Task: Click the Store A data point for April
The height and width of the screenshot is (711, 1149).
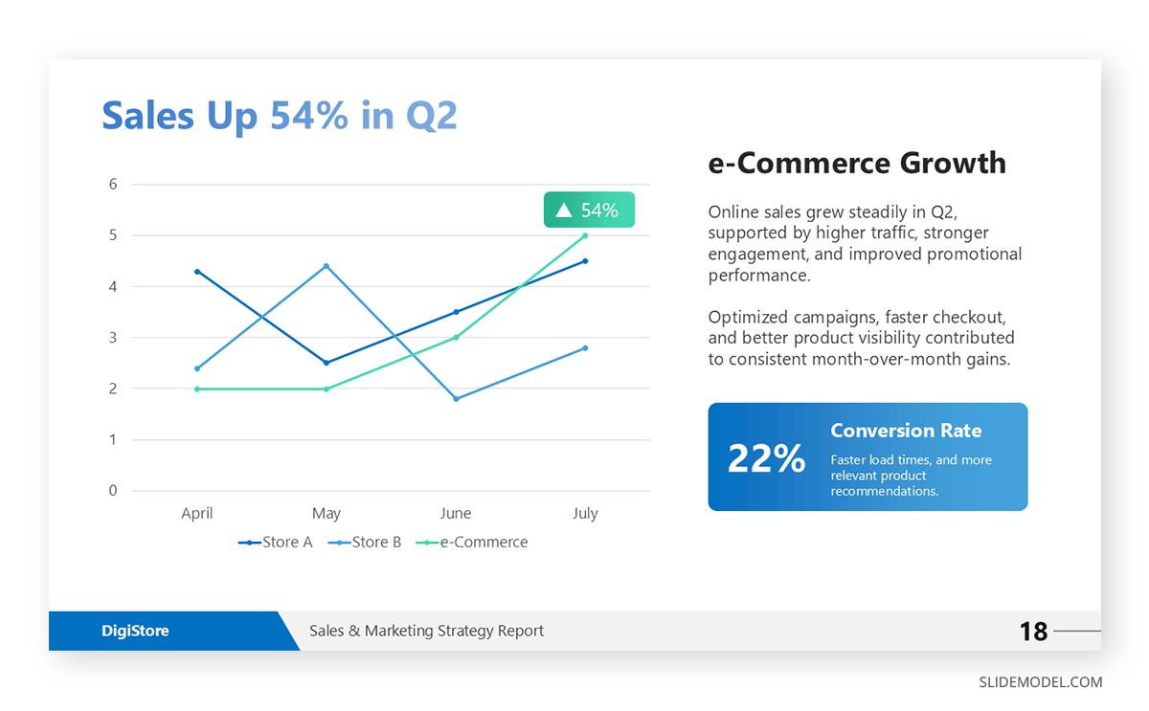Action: point(197,272)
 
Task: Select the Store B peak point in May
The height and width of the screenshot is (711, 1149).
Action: point(327,266)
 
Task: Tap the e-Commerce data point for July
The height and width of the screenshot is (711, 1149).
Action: point(585,235)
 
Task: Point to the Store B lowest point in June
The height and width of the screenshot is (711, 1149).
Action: point(456,399)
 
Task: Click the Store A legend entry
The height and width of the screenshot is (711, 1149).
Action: point(276,543)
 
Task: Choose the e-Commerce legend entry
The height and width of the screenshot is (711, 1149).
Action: point(472,543)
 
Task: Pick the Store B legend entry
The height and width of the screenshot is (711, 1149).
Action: point(365,543)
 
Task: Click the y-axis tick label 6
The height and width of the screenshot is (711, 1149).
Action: point(113,185)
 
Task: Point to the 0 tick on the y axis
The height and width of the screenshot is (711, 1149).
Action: point(113,491)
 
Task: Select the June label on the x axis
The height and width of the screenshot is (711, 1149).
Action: point(456,514)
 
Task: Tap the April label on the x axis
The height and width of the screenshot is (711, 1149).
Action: point(197,514)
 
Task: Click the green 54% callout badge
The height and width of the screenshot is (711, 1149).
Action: point(589,211)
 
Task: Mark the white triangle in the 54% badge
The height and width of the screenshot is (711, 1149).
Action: point(564,211)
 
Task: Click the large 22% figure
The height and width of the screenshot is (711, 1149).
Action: point(766,458)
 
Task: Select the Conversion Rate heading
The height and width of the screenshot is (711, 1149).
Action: point(906,431)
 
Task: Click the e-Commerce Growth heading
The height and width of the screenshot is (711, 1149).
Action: point(857,164)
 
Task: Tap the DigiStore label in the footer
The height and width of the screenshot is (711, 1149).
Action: point(135,632)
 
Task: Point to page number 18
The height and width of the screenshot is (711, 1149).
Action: point(1034,632)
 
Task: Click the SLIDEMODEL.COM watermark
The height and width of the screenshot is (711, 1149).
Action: point(1040,682)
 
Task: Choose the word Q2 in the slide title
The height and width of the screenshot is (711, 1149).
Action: point(432,116)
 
